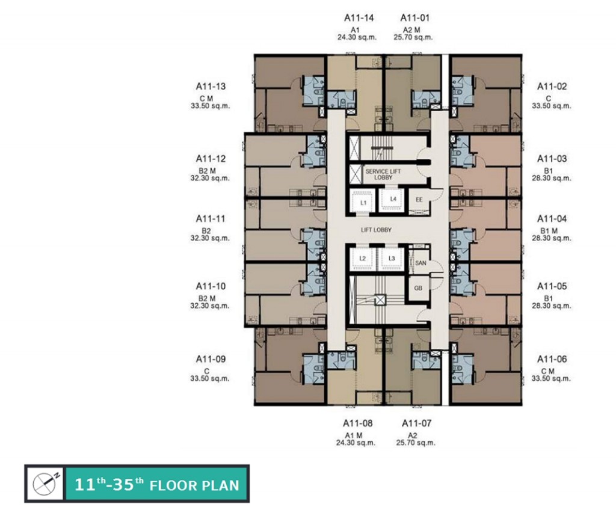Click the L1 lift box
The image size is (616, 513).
pos(363,202)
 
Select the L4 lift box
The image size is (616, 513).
pos(393,199)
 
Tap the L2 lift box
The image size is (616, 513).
pos(363,259)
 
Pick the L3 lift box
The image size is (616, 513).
pos(392,259)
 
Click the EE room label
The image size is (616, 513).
pos(419,200)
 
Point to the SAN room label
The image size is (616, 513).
pos(420,263)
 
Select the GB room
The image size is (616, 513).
pos(419,288)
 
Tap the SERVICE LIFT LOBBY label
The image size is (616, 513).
pos(383,174)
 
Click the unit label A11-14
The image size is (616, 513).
pos(359,18)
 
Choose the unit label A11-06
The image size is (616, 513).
pos(552,359)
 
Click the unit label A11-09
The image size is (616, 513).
pos(211,359)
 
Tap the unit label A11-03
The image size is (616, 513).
pos(552,159)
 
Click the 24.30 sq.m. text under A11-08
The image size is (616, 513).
pos(359,442)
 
